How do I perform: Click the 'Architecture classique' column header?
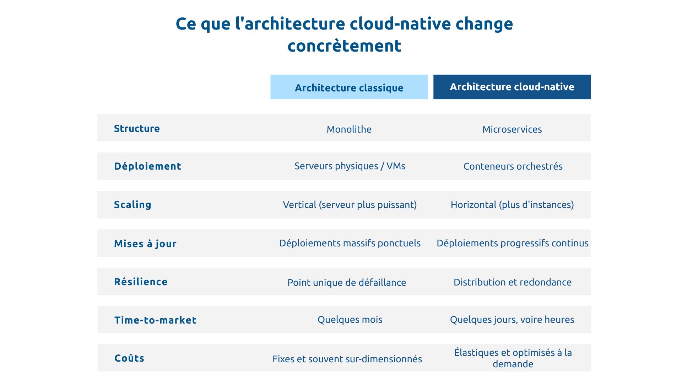click(349, 87)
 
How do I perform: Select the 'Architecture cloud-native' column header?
click(512, 87)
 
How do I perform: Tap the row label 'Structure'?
click(137, 128)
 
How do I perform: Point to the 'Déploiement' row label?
click(147, 166)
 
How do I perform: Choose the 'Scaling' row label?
click(132, 204)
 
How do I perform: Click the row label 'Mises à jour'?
click(145, 244)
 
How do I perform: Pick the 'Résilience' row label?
click(141, 282)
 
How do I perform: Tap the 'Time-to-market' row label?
click(155, 320)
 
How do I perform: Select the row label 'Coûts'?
click(129, 358)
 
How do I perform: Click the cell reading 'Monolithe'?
click(349, 129)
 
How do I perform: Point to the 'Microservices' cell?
click(512, 129)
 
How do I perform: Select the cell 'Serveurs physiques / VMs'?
click(350, 166)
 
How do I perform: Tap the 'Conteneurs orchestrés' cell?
click(513, 166)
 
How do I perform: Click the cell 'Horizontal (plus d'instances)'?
click(512, 204)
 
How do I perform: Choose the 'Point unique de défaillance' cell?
click(346, 282)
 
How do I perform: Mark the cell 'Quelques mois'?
click(350, 319)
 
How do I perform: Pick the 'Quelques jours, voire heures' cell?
click(512, 319)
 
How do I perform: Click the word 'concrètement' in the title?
click(344, 46)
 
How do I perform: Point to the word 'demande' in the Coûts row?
click(513, 364)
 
